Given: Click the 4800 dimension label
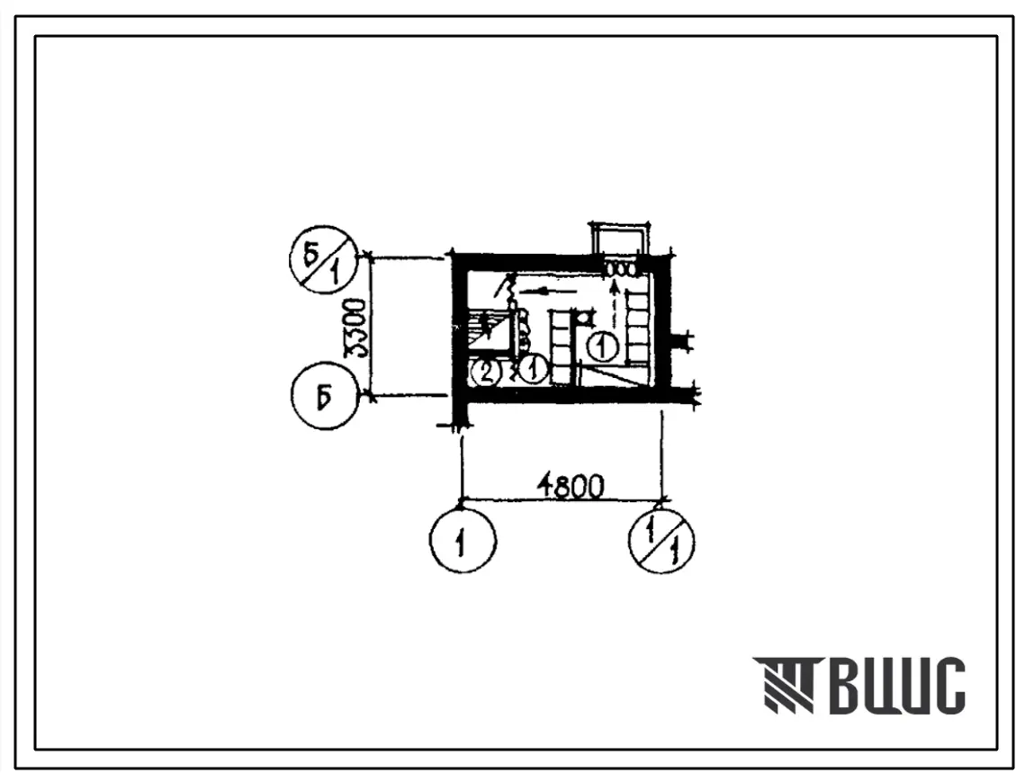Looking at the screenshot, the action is pos(570,487).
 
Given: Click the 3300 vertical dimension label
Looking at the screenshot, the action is pos(357,328).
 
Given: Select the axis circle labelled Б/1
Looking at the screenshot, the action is pos(324,259).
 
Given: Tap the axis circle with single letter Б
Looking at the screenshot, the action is pos(325,396).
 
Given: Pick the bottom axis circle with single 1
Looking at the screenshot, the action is pos(463,541).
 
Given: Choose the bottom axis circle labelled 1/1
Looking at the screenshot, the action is pos(661,541).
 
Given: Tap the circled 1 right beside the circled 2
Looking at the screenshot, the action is pos(533,370).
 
